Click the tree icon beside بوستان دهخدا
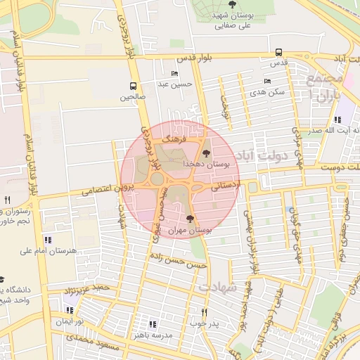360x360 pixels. (x=206, y=153)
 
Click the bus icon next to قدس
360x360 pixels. (x=279, y=52)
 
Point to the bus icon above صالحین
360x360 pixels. (x=132, y=87)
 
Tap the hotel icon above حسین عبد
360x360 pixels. (x=174, y=74)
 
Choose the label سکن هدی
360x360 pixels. (x=271, y=91)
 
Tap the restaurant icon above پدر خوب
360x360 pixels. (x=205, y=311)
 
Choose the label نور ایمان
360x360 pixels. (x=70, y=321)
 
